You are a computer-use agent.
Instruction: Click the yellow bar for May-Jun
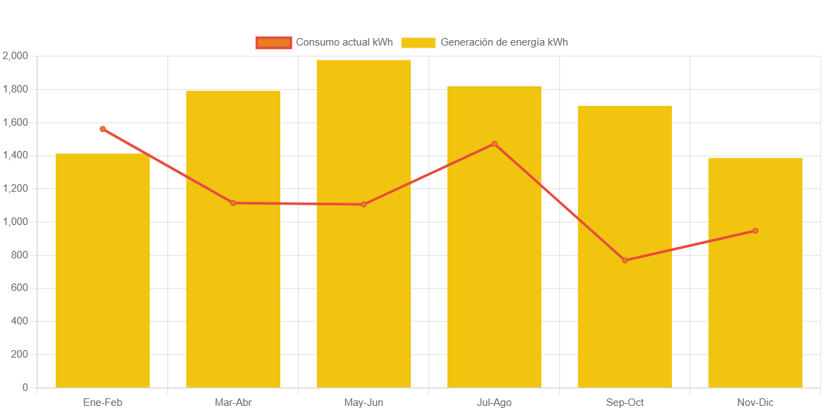click(x=364, y=224)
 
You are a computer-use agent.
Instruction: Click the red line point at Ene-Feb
click(x=103, y=129)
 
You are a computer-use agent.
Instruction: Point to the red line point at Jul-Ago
click(x=494, y=144)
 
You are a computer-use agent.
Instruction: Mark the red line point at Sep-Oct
click(x=625, y=260)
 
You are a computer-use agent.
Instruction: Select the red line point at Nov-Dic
click(x=755, y=231)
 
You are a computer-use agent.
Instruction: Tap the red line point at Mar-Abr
click(x=233, y=203)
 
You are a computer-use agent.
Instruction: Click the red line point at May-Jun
click(x=364, y=205)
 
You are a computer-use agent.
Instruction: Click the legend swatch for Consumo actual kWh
click(x=273, y=43)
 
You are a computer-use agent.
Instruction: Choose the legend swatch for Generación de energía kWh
click(x=418, y=43)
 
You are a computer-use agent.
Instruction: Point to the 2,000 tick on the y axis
click(x=15, y=56)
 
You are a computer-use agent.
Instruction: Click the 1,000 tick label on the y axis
click(x=15, y=222)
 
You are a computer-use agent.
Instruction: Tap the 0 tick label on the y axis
click(x=25, y=388)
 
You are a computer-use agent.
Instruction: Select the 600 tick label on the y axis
click(x=19, y=288)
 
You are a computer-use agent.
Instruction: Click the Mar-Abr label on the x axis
click(x=233, y=402)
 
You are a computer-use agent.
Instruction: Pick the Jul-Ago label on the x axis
click(x=494, y=402)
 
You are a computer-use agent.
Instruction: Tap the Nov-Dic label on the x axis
click(x=755, y=402)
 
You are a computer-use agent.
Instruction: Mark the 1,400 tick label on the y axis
click(x=15, y=156)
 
